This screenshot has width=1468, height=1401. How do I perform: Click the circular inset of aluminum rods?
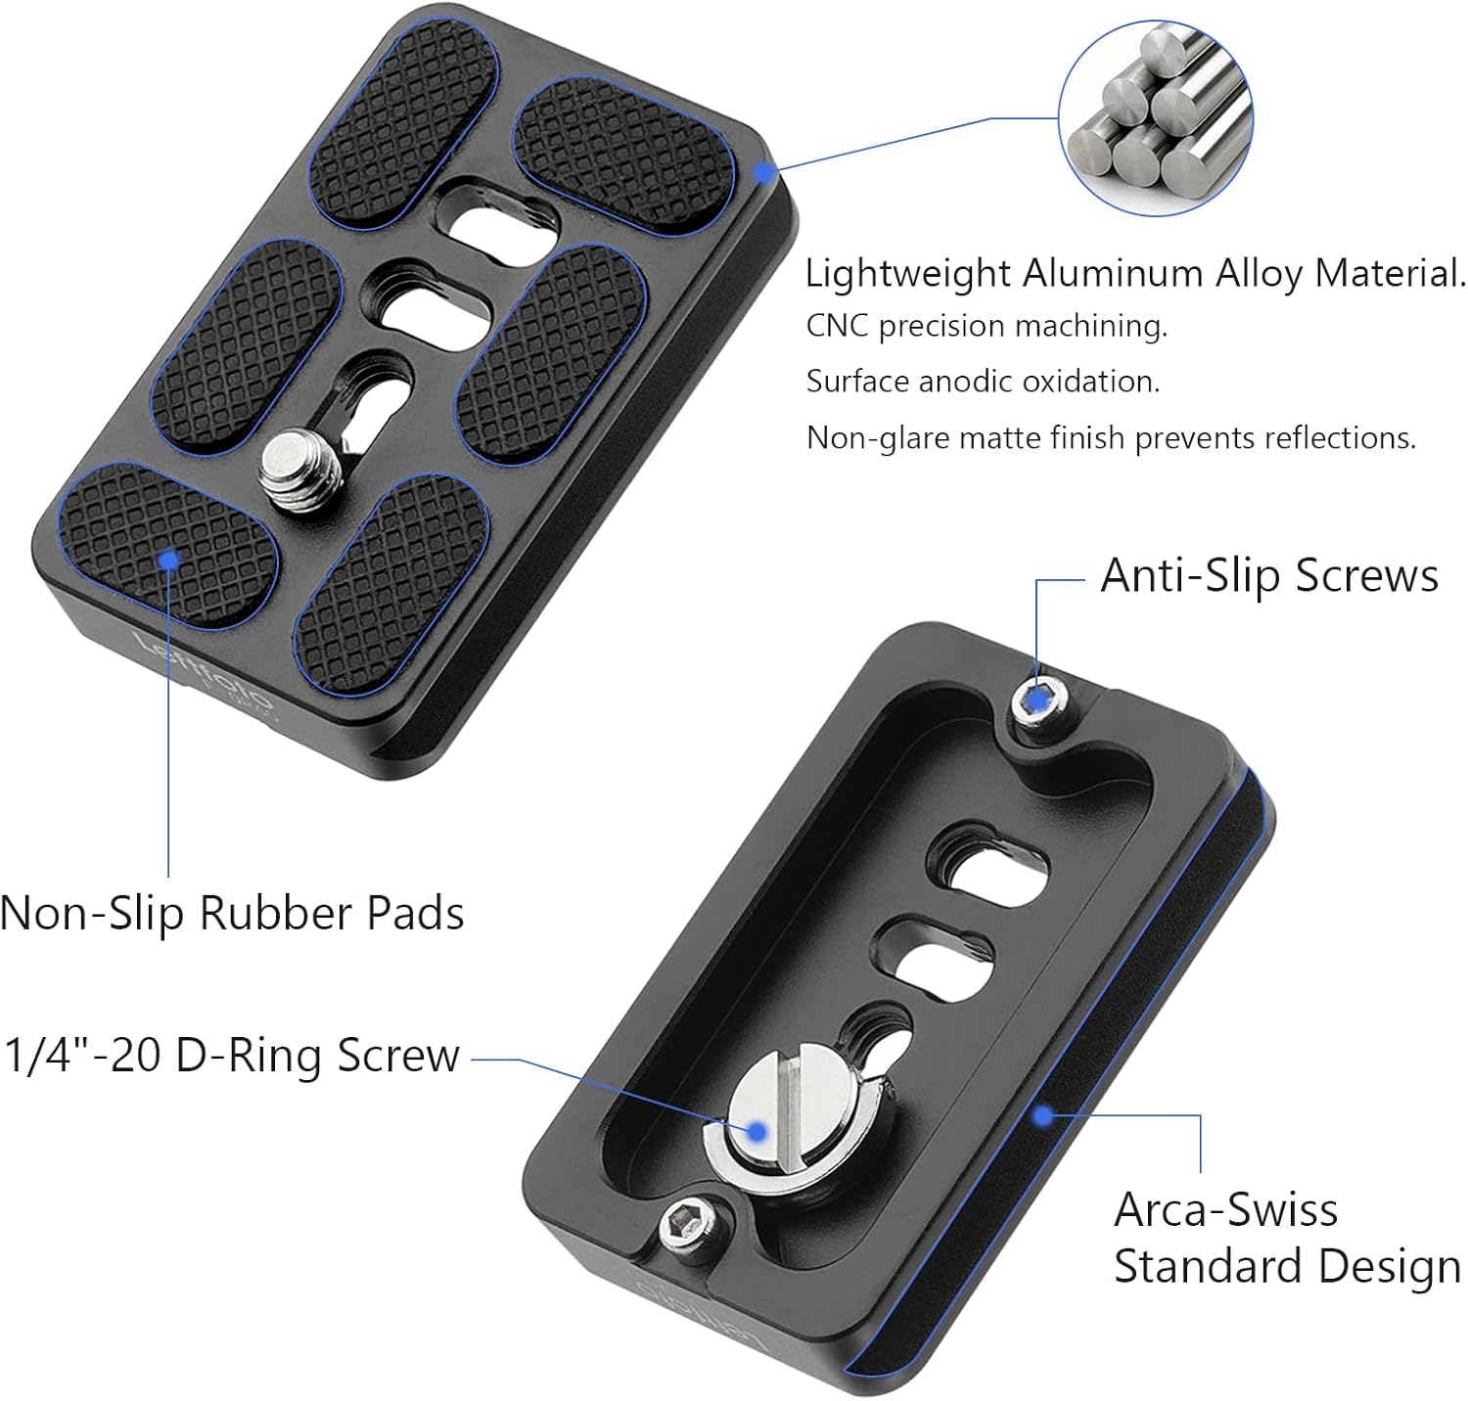[1155, 117]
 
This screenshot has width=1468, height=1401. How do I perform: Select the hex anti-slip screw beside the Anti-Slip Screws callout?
[1038, 701]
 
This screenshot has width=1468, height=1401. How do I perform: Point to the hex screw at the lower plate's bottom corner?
[685, 1226]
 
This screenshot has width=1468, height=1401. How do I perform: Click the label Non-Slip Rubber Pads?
[232, 913]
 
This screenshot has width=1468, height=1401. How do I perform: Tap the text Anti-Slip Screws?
[1269, 575]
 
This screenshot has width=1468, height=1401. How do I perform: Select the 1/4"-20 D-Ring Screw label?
[232, 1055]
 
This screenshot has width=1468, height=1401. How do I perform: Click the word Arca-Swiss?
[1225, 1210]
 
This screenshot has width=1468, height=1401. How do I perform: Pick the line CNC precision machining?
[986, 326]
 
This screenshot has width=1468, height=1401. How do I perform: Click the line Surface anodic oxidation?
[983, 381]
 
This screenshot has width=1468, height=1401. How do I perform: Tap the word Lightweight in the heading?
[907, 273]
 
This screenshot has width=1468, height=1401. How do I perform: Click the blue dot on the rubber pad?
[169, 559]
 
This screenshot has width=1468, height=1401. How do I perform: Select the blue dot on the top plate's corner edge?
[763, 171]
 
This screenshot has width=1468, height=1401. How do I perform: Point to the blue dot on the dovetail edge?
[1043, 1114]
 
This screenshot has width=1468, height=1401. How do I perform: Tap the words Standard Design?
[1287, 1266]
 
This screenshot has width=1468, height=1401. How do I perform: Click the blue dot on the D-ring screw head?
[756, 1131]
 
